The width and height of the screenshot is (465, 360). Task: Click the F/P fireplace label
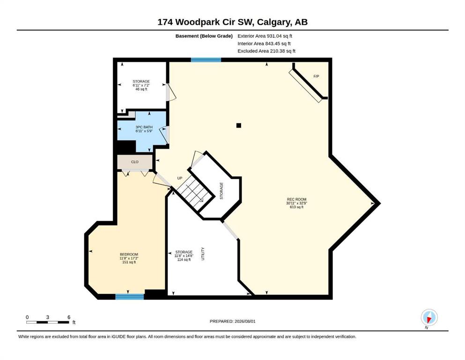tap(316, 76)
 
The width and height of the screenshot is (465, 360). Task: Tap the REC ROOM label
tap(296, 199)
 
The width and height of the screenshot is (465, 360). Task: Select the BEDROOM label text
tap(129, 255)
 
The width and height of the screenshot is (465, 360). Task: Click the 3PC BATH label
tap(144, 127)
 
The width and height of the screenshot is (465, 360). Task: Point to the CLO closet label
tap(135, 162)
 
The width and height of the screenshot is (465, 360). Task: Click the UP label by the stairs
tap(180, 178)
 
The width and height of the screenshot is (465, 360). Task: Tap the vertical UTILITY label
tap(203, 254)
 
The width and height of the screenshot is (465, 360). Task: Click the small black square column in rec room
tap(239, 125)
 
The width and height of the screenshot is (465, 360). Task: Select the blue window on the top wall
tap(206, 60)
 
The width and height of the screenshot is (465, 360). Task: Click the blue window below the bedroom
tap(130, 297)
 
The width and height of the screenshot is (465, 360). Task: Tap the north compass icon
tap(429, 317)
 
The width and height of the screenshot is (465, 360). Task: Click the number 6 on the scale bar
tap(69, 317)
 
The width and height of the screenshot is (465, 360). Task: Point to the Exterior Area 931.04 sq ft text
tap(265, 36)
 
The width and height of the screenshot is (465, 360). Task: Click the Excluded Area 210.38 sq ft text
tap(266, 51)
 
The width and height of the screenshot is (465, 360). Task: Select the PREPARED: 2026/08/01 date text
tap(232, 321)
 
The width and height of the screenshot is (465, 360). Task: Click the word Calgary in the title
tap(274, 22)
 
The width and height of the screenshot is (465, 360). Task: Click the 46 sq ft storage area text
tap(141, 89)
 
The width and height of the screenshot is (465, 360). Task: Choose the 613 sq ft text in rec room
tap(296, 207)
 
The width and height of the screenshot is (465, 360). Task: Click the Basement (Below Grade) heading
tap(204, 36)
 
